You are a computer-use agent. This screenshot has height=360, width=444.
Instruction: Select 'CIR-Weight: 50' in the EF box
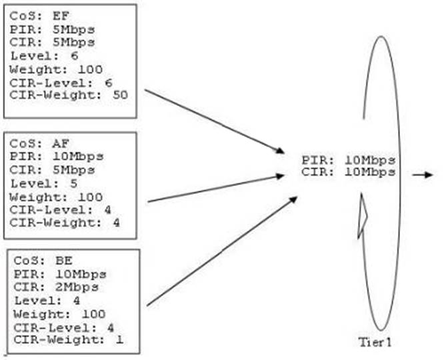click(x=69, y=95)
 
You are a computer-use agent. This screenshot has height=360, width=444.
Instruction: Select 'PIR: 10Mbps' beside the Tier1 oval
click(x=349, y=160)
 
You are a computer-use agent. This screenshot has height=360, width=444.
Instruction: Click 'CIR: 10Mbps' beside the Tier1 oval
click(x=349, y=172)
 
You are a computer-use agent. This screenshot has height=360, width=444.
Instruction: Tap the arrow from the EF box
click(x=213, y=120)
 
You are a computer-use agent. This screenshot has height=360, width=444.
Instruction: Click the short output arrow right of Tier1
click(x=421, y=175)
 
